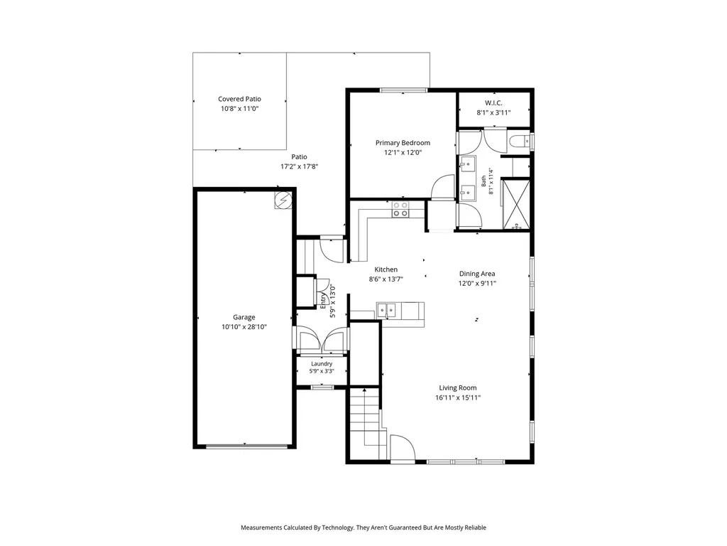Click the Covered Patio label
click(239, 99)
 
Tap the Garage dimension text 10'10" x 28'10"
click(244, 327)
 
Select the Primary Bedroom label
click(403, 142)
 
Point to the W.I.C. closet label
click(493, 102)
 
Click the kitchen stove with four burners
click(400, 209)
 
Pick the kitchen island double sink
click(386, 310)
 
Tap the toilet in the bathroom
click(519, 140)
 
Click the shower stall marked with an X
click(515, 205)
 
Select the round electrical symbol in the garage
click(282, 200)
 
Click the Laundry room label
click(322, 364)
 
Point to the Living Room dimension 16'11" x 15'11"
click(458, 398)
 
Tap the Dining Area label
click(477, 274)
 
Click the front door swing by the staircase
click(403, 448)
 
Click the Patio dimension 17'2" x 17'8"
click(299, 166)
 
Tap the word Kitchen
click(386, 269)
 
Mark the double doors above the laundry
click(322, 341)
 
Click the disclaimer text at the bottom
click(363, 528)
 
